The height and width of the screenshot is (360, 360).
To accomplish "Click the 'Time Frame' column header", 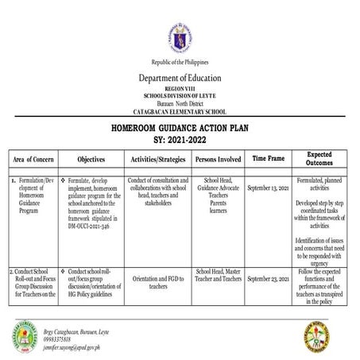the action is [x=268, y=159].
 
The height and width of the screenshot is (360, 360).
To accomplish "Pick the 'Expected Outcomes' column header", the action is [x=319, y=157].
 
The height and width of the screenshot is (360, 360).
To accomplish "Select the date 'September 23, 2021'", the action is [x=268, y=279].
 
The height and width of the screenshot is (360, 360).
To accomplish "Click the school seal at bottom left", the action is [x=26, y=337].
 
